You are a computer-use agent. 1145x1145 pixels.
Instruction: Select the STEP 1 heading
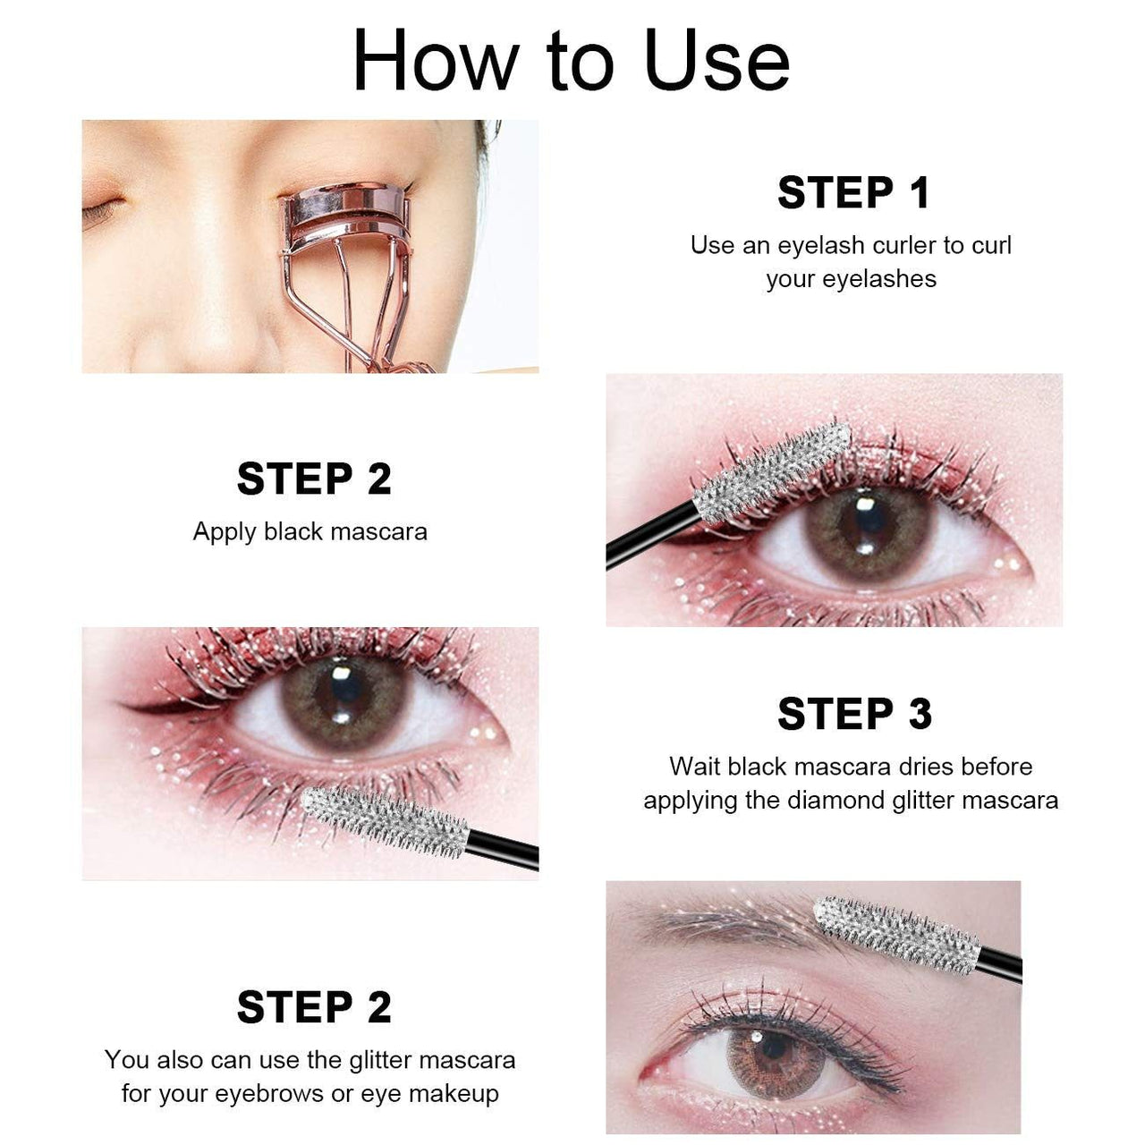[x=853, y=193]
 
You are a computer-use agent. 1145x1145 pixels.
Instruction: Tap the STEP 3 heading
[x=854, y=715]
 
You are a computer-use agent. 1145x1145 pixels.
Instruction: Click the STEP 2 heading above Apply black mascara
[x=314, y=479]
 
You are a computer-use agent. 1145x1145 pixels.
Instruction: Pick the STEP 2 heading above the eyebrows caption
[x=314, y=1008]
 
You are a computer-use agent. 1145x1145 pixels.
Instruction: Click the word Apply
[x=225, y=532]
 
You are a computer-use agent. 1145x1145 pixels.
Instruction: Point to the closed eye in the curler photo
[x=103, y=212]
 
